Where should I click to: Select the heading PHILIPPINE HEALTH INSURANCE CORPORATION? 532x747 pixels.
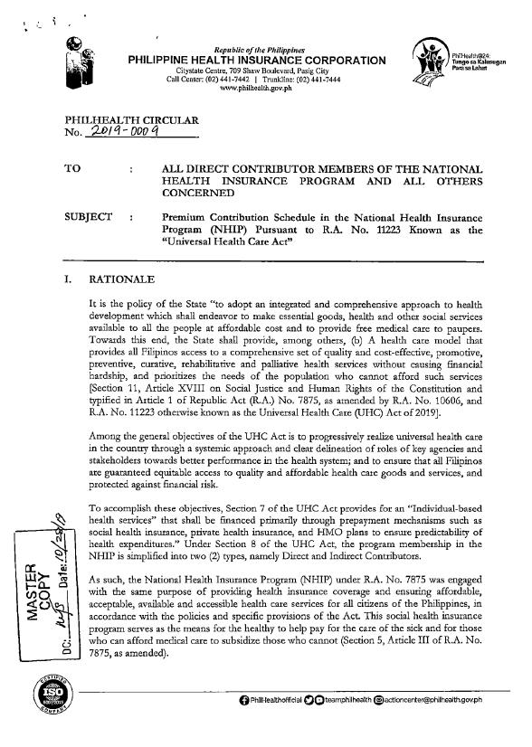[x=258, y=60]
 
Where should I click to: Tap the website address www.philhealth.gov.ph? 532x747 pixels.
[x=258, y=88]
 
